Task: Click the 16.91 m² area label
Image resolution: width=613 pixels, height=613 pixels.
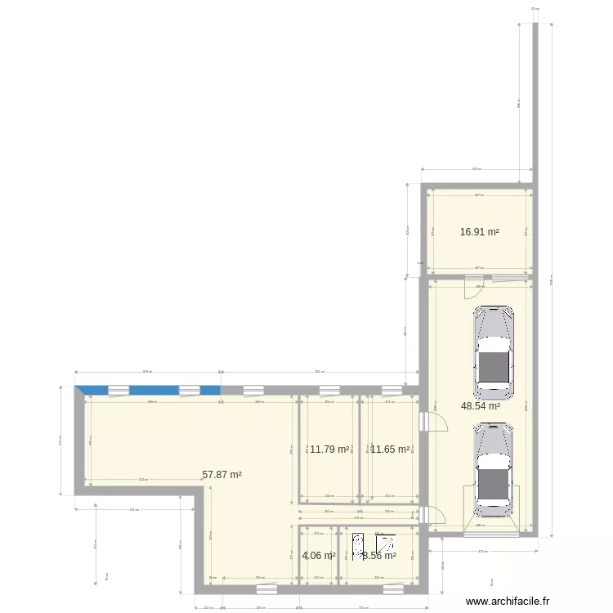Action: [479, 232]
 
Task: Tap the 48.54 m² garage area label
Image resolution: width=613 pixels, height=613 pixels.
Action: [481, 405]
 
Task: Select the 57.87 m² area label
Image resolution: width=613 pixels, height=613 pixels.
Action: [222, 474]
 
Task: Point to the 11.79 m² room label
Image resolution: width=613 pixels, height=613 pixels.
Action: [329, 449]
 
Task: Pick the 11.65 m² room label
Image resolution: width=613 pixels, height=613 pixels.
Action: [391, 449]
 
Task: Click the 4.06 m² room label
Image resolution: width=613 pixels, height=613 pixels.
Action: [319, 556]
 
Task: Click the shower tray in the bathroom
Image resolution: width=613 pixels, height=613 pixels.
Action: [386, 542]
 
